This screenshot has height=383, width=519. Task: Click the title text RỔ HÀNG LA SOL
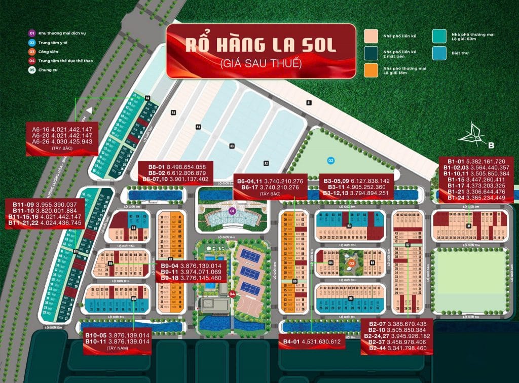pos(260,45)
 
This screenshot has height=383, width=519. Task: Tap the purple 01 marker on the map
pos(232,211)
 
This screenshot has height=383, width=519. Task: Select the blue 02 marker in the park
pos(330,161)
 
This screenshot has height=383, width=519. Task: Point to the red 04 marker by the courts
pos(232,293)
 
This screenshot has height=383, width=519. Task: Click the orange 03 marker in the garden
pos(351,263)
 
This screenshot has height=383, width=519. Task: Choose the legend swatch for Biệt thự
pos(439,53)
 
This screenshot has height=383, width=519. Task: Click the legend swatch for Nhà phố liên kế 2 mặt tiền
pos(372,53)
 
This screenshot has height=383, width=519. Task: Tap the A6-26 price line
pos(62,142)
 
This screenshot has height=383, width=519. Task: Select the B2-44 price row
pos(397,348)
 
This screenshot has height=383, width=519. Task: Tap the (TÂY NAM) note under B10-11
pos(117,348)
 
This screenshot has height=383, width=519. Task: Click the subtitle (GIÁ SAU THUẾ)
pos(261,64)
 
